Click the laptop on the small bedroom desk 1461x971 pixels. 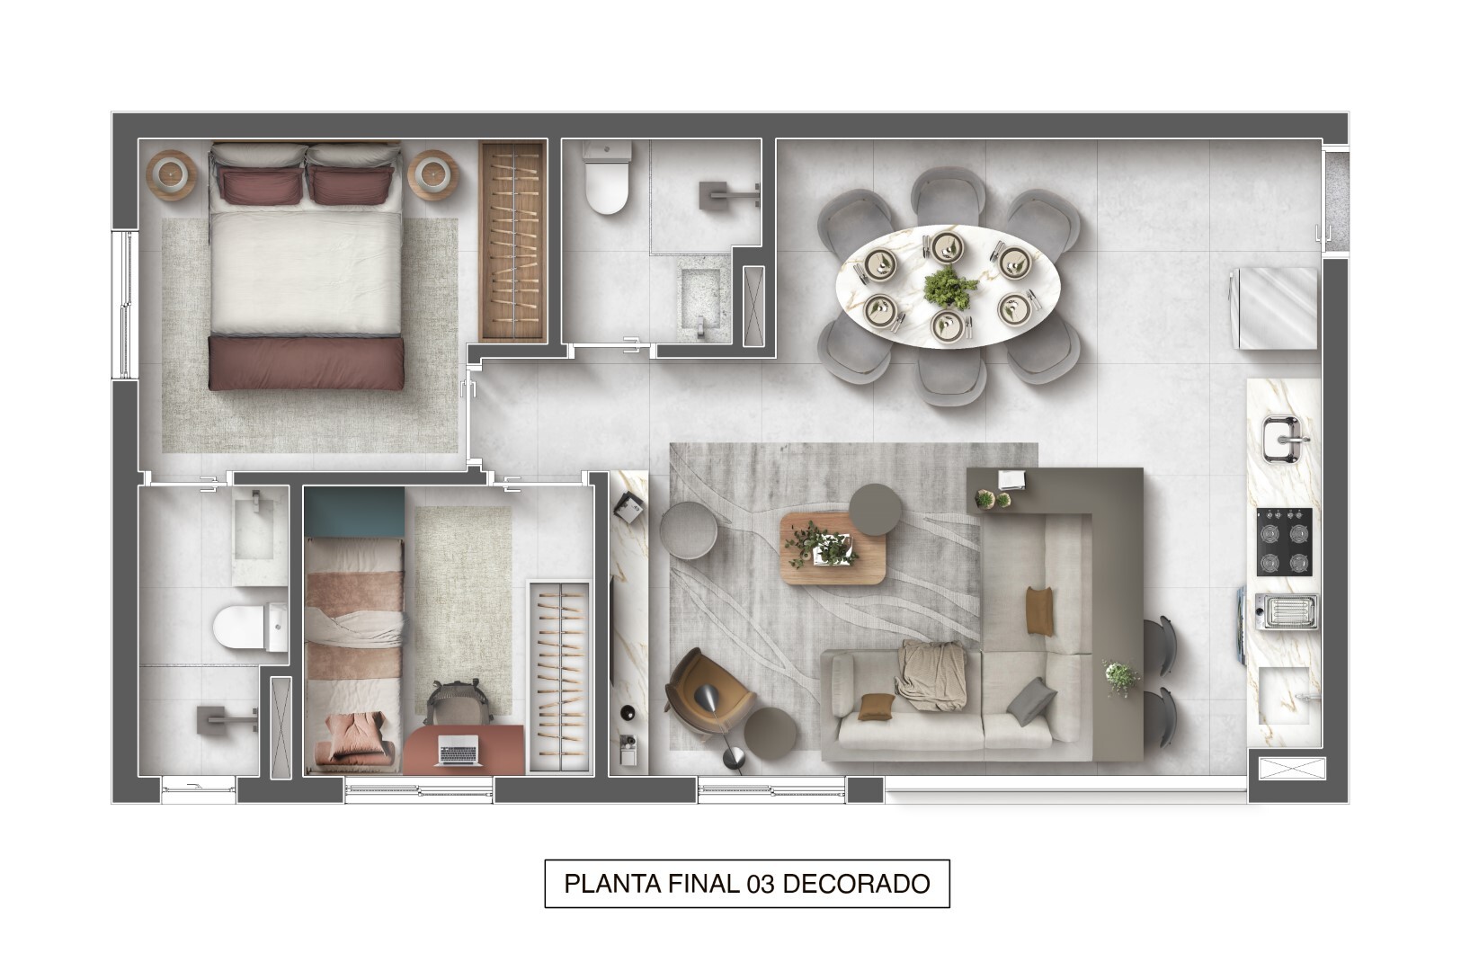tap(458, 751)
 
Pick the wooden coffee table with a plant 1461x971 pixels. tap(833, 548)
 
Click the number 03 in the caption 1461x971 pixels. tap(761, 884)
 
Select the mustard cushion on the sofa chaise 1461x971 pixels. tap(1040, 610)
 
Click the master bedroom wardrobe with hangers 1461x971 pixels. tap(512, 241)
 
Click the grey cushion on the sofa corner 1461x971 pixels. tap(1030, 700)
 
